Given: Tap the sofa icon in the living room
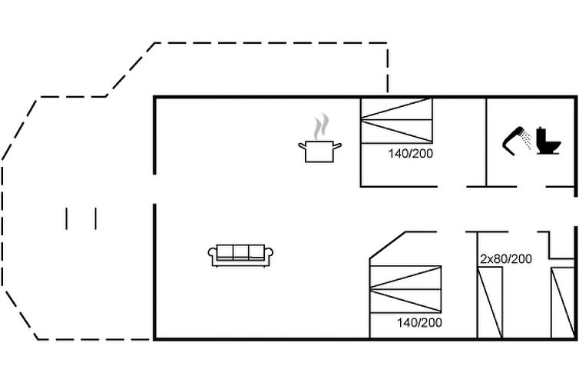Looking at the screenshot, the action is coord(240,255).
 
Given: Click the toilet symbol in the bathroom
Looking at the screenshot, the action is coord(548,141).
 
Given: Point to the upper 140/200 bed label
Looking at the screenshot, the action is coord(410,153).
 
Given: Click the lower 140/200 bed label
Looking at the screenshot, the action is coord(419,323).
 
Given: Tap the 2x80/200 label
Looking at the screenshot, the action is coord(506,258).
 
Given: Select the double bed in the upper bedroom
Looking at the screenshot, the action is coord(396,121).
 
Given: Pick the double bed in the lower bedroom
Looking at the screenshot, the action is coord(405,289).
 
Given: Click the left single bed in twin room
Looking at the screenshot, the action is coord(490,302).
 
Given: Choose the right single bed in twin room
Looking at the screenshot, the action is coord(563,302).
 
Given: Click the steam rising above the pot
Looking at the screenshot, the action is coord(321,126).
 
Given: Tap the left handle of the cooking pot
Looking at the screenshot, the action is coord(303,146).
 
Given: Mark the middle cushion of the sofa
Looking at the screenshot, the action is coord(241,251).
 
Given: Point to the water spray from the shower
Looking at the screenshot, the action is coord(526,140).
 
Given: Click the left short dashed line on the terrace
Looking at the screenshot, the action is coord(67,219).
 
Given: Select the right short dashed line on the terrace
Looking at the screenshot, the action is coord(96,219).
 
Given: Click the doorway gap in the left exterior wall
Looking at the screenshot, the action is coord(154,189).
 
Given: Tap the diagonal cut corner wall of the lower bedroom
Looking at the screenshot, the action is coord(388,245).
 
